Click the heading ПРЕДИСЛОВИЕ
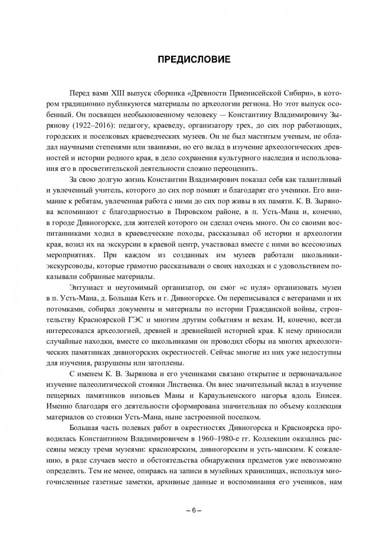coord(193,60)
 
